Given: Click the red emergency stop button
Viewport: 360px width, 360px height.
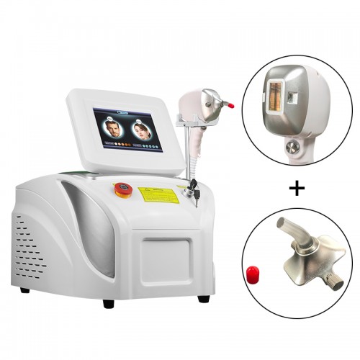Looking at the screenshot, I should coord(122,189).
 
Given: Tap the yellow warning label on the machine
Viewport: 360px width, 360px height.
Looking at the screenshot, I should coord(158,192).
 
